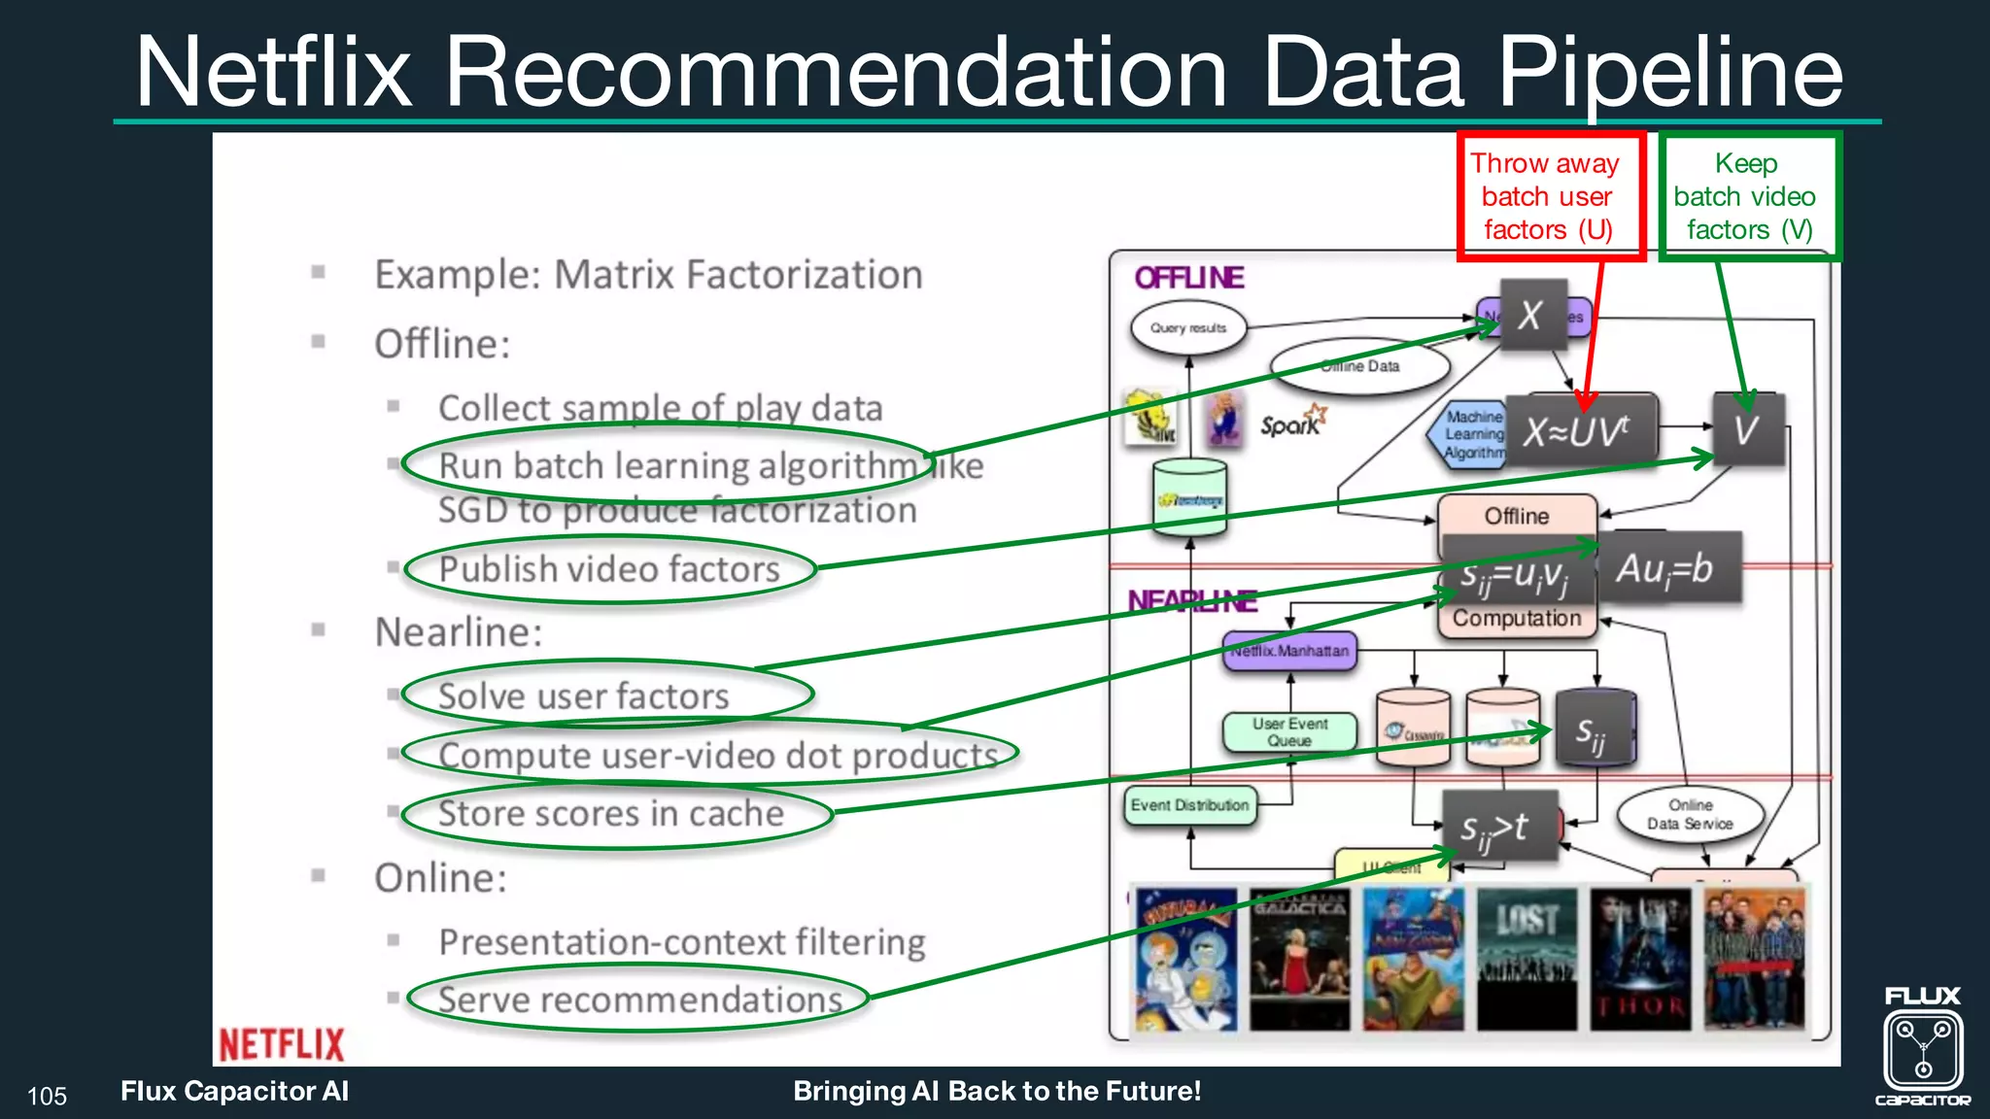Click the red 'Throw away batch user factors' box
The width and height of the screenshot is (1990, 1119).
1551,196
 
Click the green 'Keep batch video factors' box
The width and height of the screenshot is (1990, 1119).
1749,196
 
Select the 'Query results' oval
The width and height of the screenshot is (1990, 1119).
1187,328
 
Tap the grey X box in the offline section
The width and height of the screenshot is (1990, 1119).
1532,315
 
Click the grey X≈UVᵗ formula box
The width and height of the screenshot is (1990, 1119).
1580,430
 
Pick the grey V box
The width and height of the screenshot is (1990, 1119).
1747,429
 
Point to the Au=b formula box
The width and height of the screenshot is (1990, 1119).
1667,567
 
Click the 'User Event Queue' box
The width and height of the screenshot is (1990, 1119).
1289,731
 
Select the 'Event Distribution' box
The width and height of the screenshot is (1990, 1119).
1189,805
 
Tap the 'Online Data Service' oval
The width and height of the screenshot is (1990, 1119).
1690,814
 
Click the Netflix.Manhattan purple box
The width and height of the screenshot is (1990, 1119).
1289,651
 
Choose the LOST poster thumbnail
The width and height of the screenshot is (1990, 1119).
1526,959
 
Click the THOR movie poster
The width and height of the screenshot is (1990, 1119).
1640,959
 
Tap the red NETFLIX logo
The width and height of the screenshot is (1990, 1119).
281,1044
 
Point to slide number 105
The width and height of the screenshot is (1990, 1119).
47,1097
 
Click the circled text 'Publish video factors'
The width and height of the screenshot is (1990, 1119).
609,569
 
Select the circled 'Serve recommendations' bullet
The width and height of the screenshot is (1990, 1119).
639,1000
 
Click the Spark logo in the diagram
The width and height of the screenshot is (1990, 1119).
1291,423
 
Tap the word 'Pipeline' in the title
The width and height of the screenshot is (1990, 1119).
1669,72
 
